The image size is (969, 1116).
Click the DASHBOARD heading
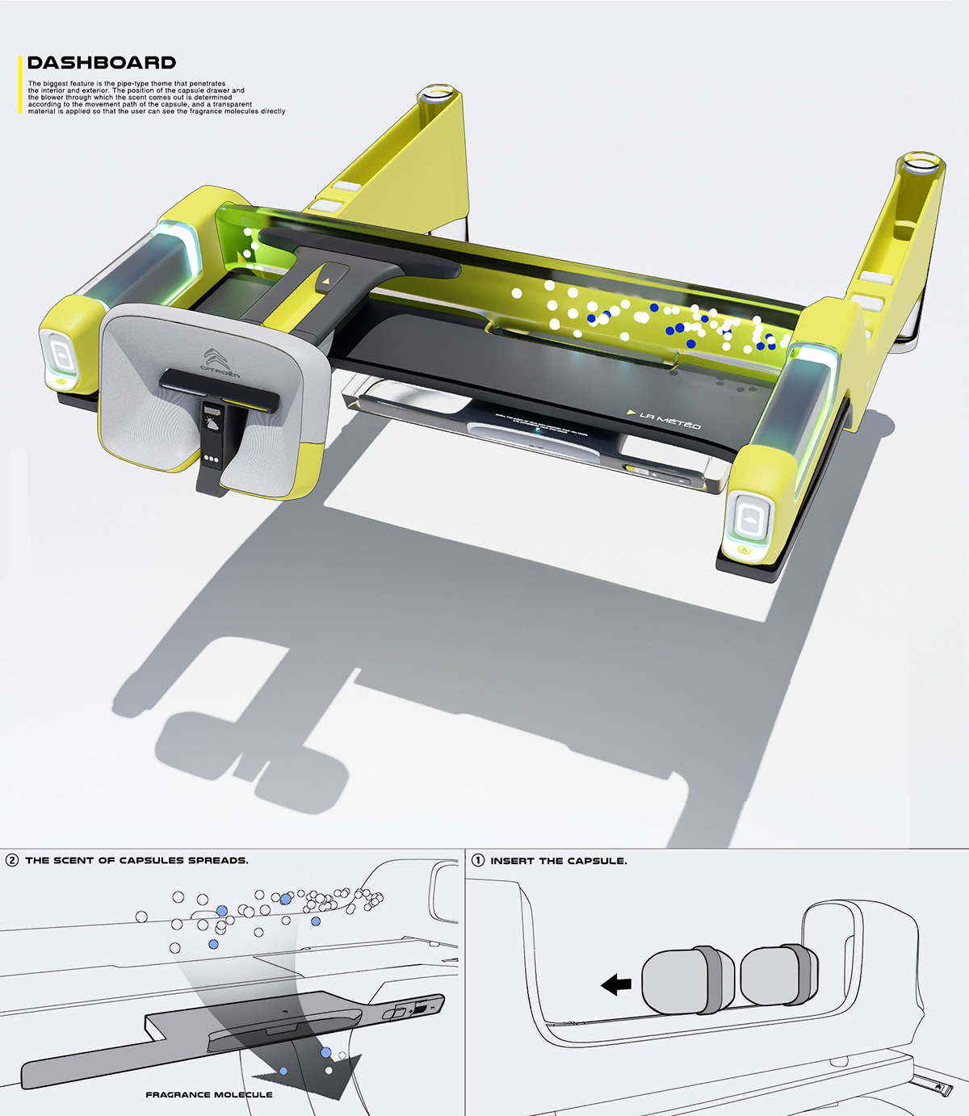coord(101,63)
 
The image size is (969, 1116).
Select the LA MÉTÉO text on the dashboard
coord(669,420)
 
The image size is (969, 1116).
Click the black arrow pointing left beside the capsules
coord(616,984)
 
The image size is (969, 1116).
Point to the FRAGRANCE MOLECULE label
coord(209,1095)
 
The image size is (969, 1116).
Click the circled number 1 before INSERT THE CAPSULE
coord(478,860)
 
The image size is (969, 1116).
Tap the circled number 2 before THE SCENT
coord(12,860)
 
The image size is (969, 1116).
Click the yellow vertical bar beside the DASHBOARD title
coord(20,84)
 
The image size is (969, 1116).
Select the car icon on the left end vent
coord(60,355)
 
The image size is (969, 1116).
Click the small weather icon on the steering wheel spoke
coord(213,420)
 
